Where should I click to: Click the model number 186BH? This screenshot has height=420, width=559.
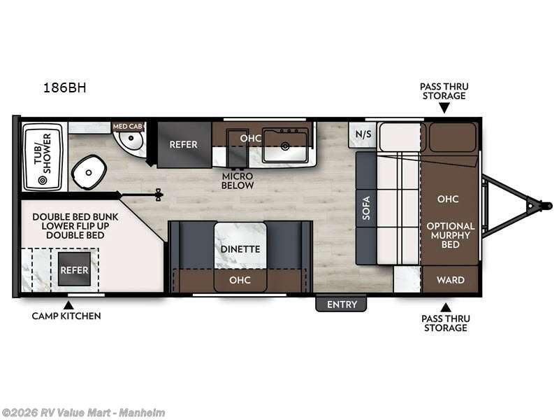click(x=64, y=87)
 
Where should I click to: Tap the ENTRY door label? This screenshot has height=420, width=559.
click(x=342, y=304)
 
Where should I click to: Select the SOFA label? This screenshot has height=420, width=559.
click(x=366, y=208)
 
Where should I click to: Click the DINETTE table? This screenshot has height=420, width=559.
click(x=240, y=246)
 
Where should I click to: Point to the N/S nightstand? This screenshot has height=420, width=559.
click(x=363, y=134)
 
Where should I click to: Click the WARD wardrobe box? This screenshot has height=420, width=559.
click(x=450, y=279)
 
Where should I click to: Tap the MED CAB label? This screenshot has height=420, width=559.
click(x=128, y=127)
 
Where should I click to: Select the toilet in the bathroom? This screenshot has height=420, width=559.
click(x=89, y=172)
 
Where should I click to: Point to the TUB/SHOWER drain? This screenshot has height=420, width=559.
click(x=43, y=180)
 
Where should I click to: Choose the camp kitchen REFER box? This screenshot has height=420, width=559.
click(x=74, y=269)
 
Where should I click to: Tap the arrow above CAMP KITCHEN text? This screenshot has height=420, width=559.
click(x=68, y=305)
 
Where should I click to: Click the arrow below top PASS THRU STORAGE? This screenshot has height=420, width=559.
click(x=444, y=108)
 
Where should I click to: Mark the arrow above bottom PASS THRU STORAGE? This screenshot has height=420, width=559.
click(x=445, y=307)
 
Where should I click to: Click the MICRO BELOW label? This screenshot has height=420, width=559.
click(x=238, y=181)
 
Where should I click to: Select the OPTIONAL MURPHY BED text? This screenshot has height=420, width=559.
click(x=451, y=235)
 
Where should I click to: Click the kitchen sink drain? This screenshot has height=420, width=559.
click(x=285, y=146)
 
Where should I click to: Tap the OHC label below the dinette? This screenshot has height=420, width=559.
click(x=240, y=279)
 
